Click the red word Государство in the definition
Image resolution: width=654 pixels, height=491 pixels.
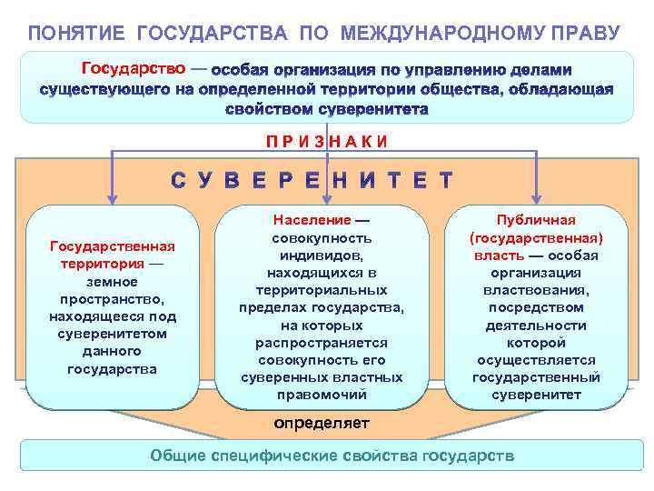[134, 68]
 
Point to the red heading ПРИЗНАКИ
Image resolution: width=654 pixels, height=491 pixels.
[327, 141]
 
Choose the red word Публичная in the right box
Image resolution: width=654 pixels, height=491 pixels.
[536, 220]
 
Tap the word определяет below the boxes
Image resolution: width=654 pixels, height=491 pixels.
[323, 423]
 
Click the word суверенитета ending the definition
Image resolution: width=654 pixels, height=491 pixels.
[372, 108]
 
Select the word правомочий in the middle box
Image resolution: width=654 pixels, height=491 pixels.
[322, 395]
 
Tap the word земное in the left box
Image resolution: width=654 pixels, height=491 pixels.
[112, 282]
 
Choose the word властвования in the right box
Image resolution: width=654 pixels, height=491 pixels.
[536, 290]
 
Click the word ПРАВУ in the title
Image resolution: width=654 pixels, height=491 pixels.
[590, 34]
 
